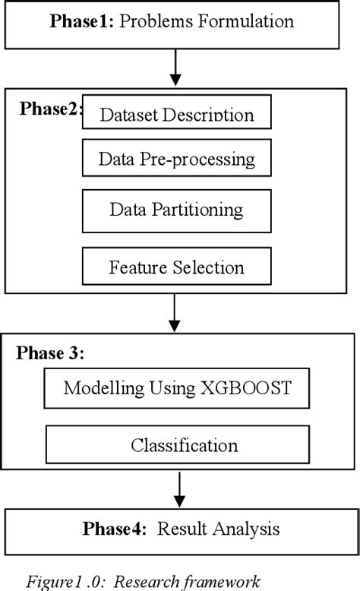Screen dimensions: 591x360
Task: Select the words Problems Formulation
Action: click(207, 21)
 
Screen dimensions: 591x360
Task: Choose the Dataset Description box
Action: click(176, 113)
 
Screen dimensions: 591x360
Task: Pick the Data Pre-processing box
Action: click(176, 160)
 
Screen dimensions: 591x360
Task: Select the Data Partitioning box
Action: click(176, 210)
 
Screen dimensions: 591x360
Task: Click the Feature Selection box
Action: click(176, 267)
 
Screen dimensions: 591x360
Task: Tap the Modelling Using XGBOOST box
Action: click(176, 388)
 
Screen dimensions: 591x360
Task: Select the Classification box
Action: click(178, 444)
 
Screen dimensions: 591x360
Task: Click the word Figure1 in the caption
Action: click(51, 582)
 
